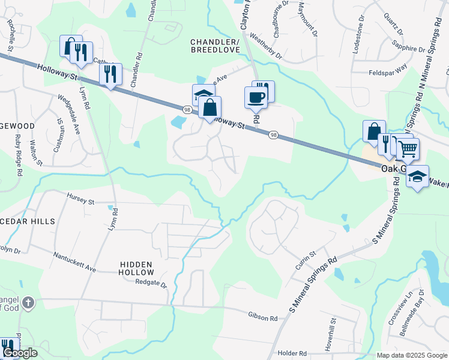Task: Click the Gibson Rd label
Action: pos(262,314)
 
